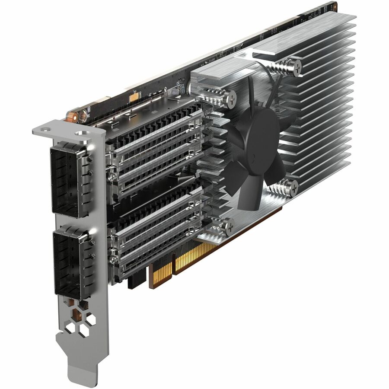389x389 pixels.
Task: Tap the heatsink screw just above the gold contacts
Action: point(226,225)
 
